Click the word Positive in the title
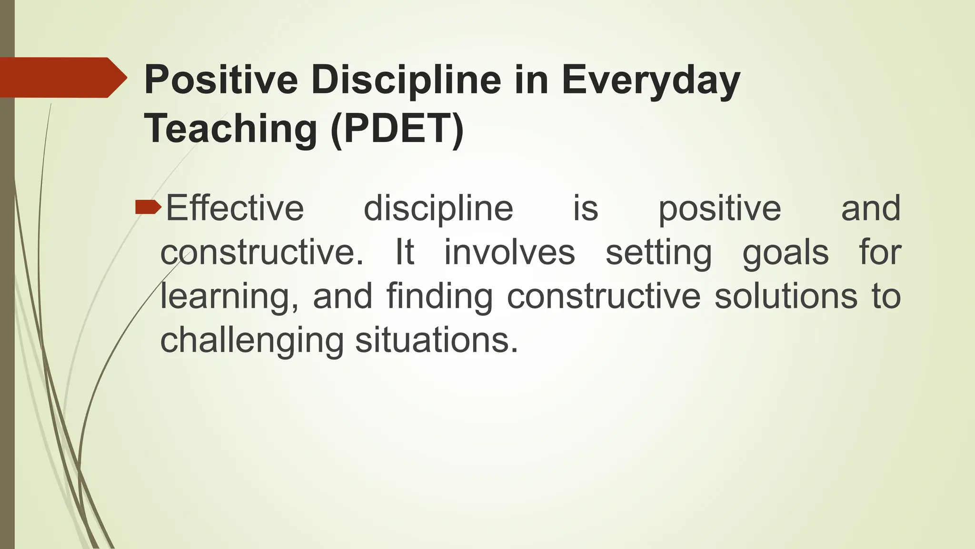point(221,80)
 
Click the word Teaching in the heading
point(230,129)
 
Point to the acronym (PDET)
point(397,129)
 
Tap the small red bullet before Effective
point(148,207)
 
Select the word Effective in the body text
point(235,209)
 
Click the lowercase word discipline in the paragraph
point(438,209)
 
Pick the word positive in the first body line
point(719,209)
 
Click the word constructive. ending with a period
point(261,253)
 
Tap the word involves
point(509,253)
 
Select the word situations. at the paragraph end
point(436,340)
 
